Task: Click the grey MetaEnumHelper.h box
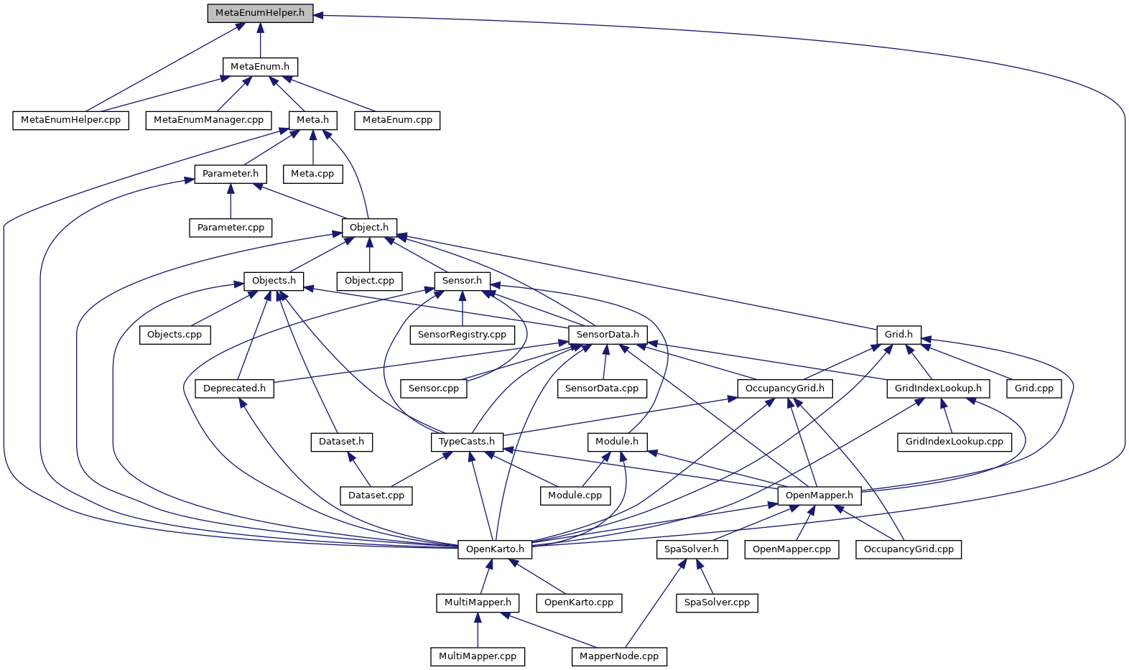[260, 13]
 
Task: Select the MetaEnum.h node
[260, 67]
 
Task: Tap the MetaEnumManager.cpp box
[209, 121]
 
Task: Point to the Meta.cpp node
[312, 174]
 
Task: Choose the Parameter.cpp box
[231, 228]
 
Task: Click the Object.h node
[369, 228]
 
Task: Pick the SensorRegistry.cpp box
[463, 335]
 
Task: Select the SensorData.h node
[608, 335]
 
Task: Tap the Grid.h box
[899, 335]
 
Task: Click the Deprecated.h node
[234, 388]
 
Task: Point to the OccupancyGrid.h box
[785, 388]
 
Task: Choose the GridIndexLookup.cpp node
[954, 442]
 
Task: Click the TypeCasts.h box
[468, 442]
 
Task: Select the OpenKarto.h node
[495, 549]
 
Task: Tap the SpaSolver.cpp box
[717, 603]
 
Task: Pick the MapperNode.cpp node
[619, 657]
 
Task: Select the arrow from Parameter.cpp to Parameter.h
[231, 201]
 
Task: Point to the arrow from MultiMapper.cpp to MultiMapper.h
[478, 631]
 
